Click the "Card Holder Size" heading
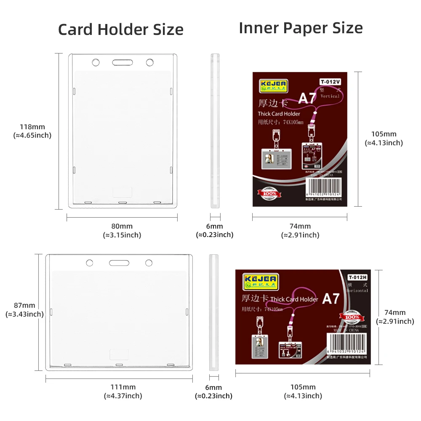pos(120,30)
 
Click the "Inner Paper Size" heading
pos(301,28)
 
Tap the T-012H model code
pos(358,277)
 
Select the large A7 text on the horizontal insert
pos(331,298)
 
